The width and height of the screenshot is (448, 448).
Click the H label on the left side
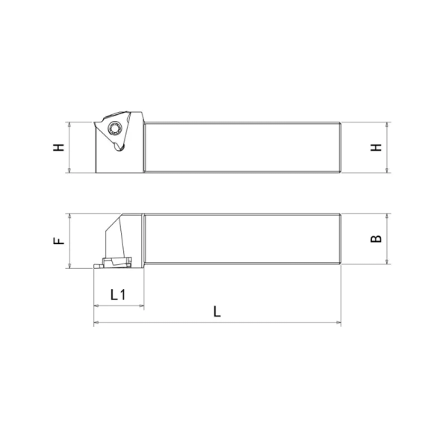pyautogui.click(x=58, y=148)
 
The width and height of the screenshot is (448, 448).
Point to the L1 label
pyautogui.click(x=118, y=295)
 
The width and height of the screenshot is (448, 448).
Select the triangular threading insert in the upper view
pyautogui.click(x=112, y=134)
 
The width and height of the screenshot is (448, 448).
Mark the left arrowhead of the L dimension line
pyautogui.click(x=96, y=323)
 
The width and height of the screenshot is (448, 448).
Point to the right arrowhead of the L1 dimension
pyautogui.click(x=140, y=306)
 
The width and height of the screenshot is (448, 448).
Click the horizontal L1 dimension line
pyautogui.click(x=118, y=306)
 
